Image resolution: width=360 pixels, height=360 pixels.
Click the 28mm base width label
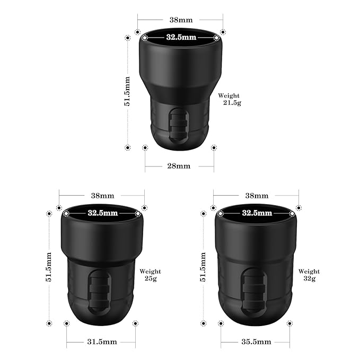pos(179,166)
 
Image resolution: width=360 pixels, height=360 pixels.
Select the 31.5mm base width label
pos(101,341)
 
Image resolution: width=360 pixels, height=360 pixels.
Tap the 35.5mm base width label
pos(256,341)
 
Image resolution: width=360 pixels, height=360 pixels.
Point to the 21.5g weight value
pos(232,103)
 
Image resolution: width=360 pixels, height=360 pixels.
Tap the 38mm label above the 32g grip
pos(257,196)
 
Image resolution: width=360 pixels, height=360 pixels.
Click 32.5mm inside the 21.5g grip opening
pos(181,38)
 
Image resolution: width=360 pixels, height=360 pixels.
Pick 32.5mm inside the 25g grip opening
pos(102,213)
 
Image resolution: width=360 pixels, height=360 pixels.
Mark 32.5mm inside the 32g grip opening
pos(257,213)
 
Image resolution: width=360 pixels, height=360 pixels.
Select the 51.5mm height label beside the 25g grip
pos(49,267)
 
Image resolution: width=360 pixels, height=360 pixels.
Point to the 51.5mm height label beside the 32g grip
pos(203,267)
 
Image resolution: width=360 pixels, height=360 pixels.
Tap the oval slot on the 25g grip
pos(98,292)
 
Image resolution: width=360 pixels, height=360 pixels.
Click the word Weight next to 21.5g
pos(229,95)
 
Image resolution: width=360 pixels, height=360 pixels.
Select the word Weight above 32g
pos(309,271)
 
